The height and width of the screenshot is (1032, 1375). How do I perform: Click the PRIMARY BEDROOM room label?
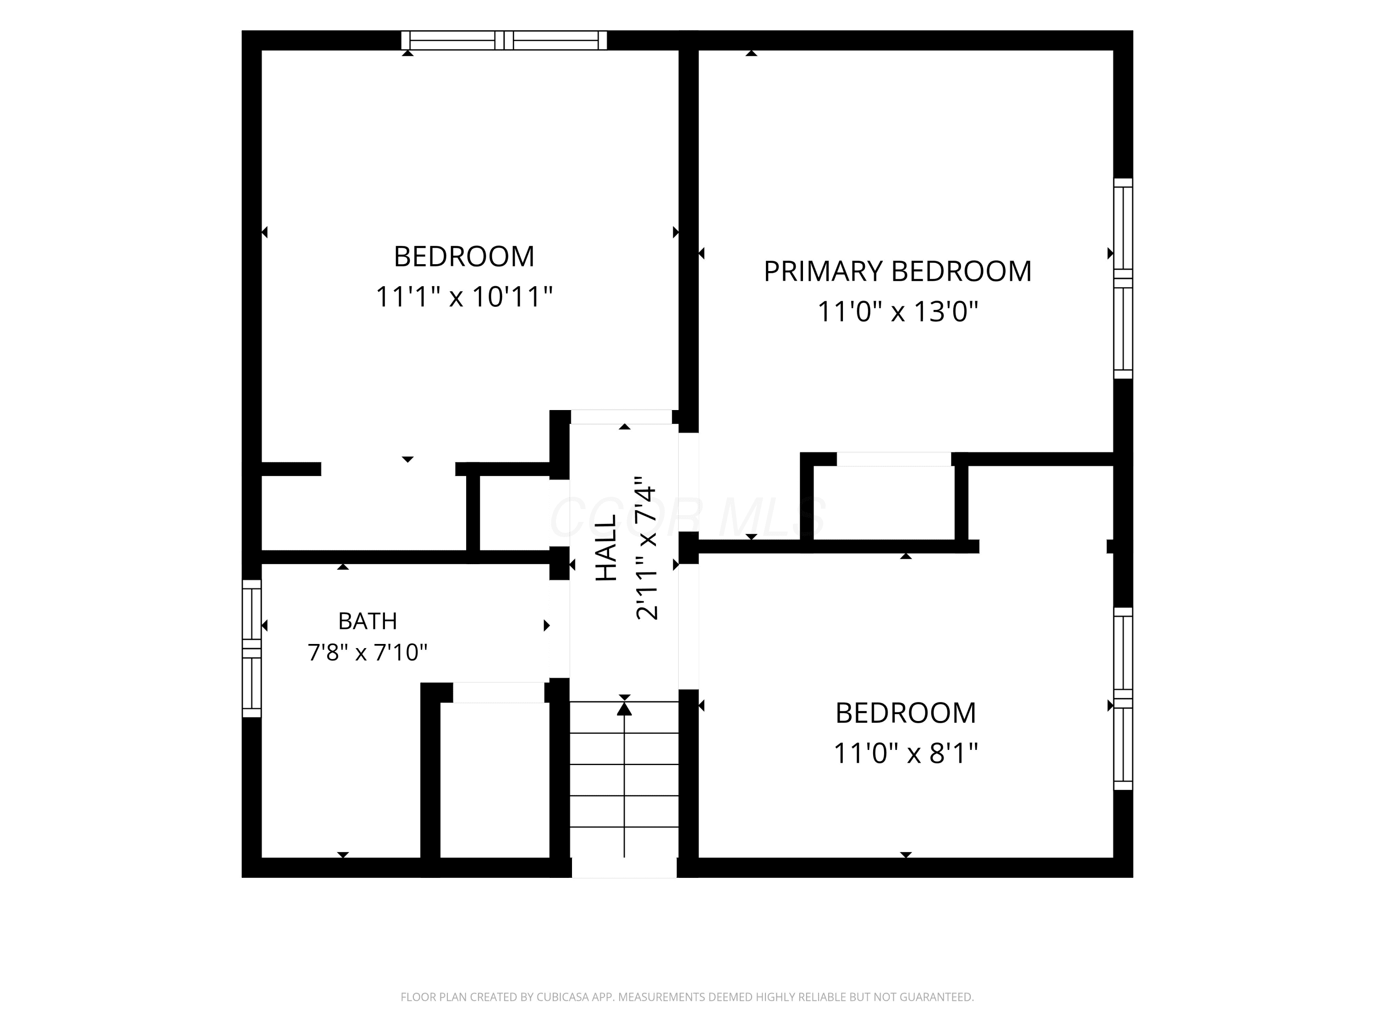point(897,271)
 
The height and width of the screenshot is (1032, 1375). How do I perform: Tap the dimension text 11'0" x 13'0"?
point(897,311)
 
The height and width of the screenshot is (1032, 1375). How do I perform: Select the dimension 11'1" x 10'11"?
point(464,297)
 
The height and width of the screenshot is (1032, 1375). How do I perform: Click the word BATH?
point(368,621)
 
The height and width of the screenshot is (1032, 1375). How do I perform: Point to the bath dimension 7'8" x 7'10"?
point(368,653)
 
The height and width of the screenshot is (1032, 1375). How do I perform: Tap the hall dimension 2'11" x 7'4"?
point(646,547)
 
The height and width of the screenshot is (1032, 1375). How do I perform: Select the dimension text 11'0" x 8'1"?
point(906,753)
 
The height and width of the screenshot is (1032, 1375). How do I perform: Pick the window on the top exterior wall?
point(504,40)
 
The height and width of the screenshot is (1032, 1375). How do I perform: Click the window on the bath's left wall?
point(252,648)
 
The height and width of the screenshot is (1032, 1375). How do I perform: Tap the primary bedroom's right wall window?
point(1122,278)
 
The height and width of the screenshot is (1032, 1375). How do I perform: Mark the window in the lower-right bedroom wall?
point(1122,699)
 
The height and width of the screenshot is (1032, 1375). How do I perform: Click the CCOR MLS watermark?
point(688,517)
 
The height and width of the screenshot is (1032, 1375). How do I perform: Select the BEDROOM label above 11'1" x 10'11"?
point(464,256)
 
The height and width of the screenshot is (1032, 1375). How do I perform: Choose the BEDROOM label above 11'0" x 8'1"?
point(906,713)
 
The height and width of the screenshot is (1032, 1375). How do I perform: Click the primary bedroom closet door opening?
point(894,459)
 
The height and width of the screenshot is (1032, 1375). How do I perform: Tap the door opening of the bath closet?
point(499,692)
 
